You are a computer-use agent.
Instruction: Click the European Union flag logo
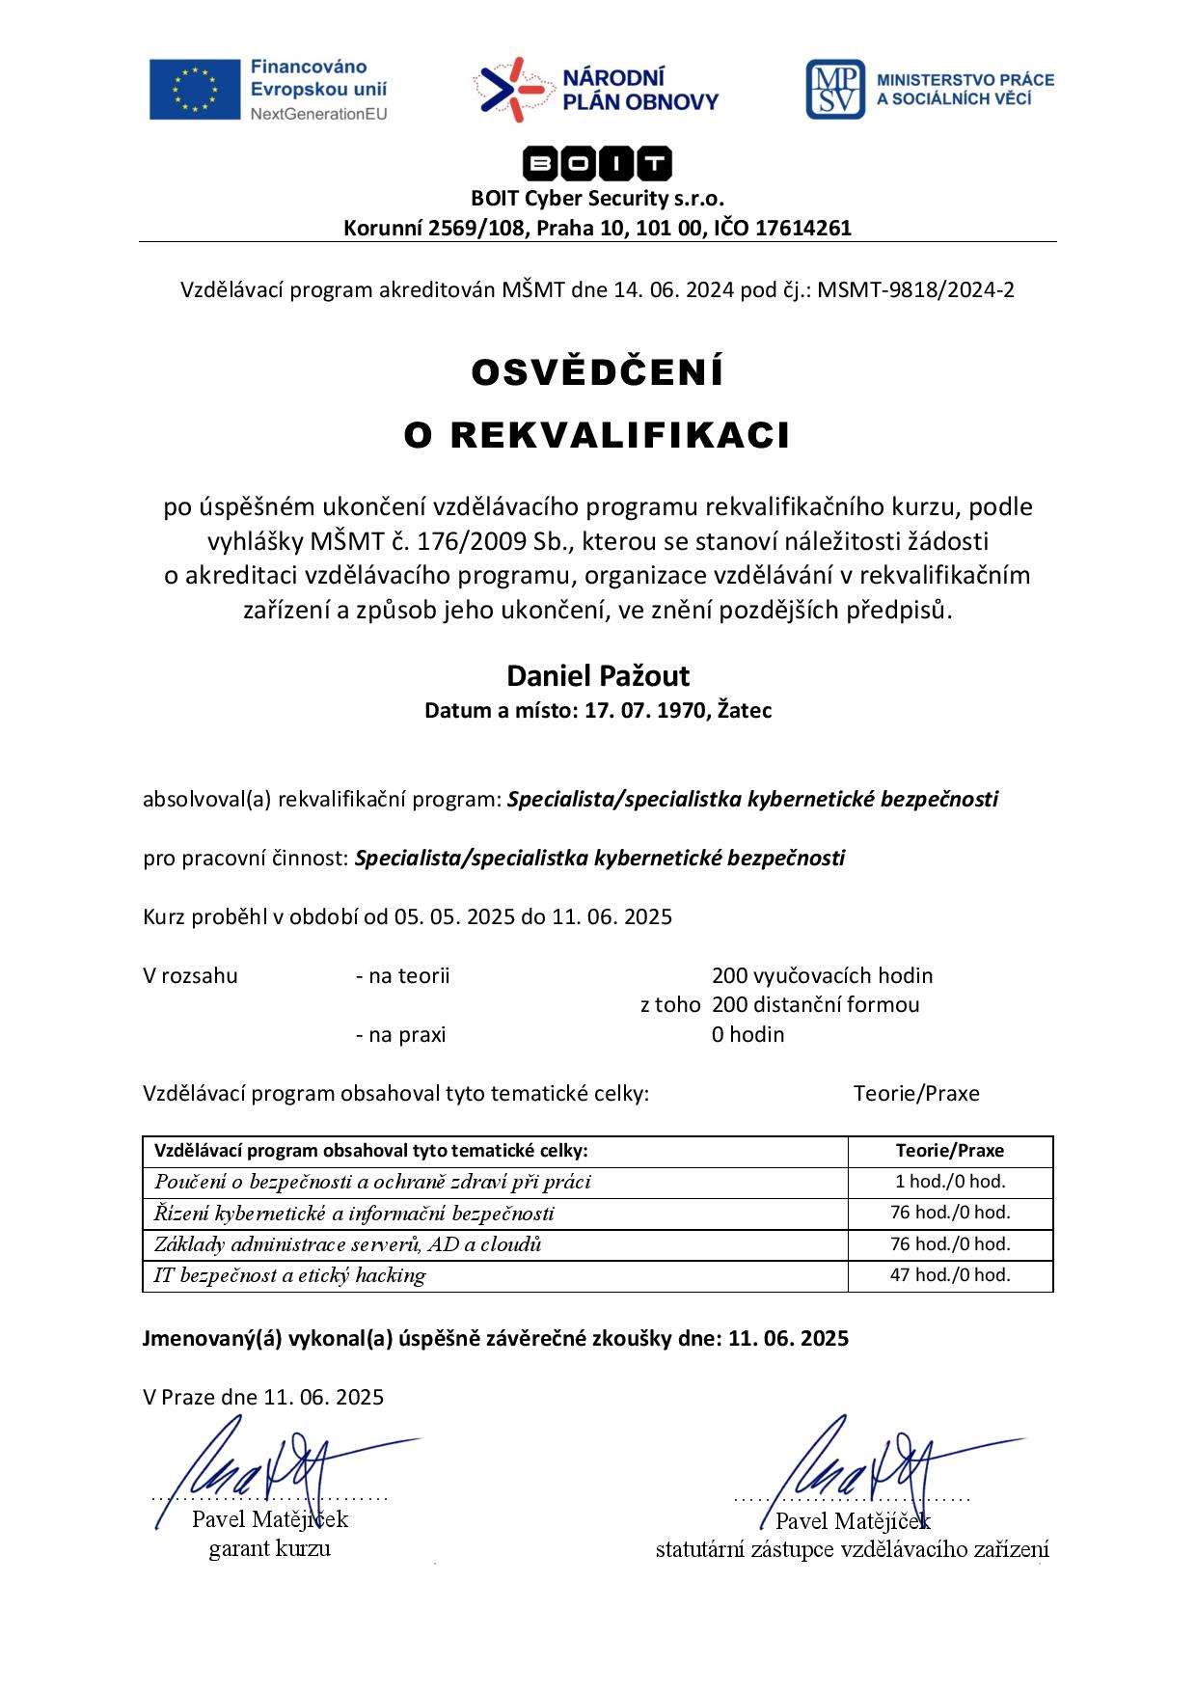point(194,90)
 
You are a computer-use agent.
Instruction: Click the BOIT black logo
point(597,165)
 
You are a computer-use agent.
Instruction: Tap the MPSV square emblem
point(834,90)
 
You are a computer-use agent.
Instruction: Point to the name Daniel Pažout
point(597,675)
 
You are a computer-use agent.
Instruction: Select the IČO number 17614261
point(803,229)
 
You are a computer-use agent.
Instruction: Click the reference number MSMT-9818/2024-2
point(915,289)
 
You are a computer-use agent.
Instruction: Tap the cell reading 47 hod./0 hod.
point(949,1275)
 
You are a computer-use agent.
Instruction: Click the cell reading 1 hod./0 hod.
point(949,1182)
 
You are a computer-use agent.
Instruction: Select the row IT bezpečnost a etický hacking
point(289,1275)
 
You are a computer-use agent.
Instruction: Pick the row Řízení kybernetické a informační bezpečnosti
point(354,1214)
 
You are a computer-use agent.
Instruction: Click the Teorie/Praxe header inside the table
point(949,1151)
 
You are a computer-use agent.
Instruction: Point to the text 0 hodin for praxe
point(747,1035)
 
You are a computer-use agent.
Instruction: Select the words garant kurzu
point(269,1549)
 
